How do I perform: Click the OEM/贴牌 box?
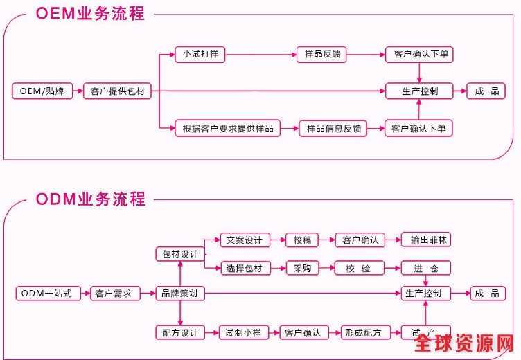coord(42,91)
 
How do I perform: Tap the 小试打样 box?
coord(201,54)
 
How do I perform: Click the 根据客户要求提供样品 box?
coord(228,128)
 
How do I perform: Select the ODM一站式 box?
coord(46,294)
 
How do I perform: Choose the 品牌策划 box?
coord(180,294)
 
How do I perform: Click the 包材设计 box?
coord(180,254)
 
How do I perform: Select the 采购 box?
coord(302,268)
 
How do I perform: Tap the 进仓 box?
coord(426,268)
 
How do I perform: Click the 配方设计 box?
coord(180,333)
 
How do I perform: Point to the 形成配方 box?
coord(366,333)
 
